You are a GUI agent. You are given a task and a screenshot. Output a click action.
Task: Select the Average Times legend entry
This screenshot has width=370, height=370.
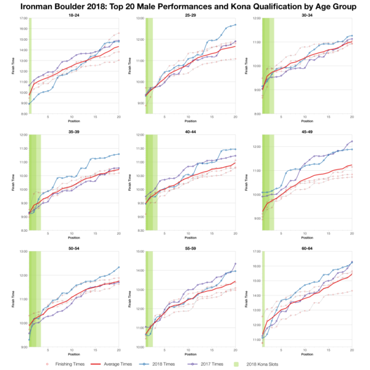pos(117,364)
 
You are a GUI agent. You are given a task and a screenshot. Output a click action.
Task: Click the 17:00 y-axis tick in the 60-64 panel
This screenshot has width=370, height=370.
pos(255,252)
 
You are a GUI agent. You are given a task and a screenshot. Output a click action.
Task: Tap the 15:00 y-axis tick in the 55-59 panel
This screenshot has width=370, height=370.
pos(138,252)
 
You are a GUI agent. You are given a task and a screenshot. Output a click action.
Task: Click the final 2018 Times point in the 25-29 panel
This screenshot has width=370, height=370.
pos(235,25)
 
